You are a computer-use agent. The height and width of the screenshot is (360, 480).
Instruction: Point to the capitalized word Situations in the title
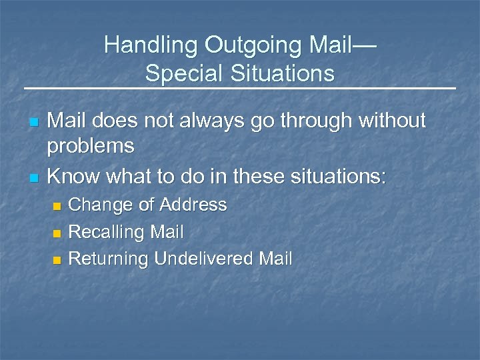[280, 73]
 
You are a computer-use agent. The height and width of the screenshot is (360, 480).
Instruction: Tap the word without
[395, 121]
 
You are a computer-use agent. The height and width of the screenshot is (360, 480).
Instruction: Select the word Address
[193, 205]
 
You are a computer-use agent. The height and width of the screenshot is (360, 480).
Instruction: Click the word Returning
[108, 259]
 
